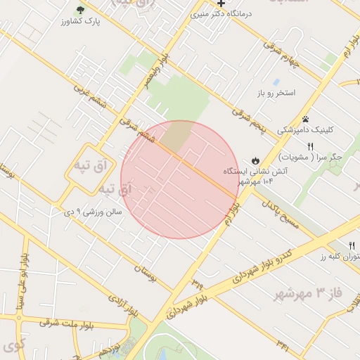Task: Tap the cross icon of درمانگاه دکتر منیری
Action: pyautogui.click(x=221, y=4)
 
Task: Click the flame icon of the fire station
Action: pyautogui.click(x=255, y=160)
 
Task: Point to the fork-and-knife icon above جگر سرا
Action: pyautogui.click(x=310, y=146)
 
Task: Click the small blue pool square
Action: pyautogui.click(x=276, y=82)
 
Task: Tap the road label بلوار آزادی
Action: pyautogui.click(x=124, y=307)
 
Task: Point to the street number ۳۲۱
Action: pyautogui.click(x=282, y=343)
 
